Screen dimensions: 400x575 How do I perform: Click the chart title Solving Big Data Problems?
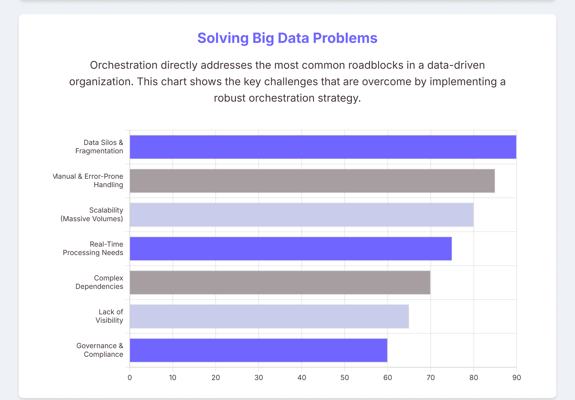287,38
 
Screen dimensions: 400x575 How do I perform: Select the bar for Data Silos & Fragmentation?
323,147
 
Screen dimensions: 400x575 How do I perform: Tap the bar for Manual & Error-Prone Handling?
312,181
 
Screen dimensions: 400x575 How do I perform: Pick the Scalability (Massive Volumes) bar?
301,215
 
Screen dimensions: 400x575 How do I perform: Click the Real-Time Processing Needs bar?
290,248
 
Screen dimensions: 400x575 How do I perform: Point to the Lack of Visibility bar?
269,316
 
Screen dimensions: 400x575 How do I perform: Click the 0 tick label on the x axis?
130,377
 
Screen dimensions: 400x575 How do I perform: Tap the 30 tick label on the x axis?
259,377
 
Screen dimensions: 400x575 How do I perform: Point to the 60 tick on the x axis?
387,377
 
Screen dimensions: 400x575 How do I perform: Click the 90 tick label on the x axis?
516,377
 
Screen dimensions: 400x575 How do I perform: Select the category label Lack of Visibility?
109,316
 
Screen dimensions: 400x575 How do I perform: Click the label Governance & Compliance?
100,350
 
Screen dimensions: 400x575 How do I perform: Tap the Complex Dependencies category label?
99,282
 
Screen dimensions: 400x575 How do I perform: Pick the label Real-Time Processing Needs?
93,248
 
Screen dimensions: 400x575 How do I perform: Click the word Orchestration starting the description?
123,65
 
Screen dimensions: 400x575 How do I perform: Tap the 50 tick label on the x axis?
344,377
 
